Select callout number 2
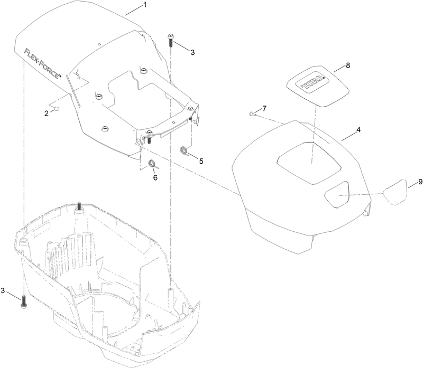[x=47, y=112]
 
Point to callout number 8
[x=348, y=66]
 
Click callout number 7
[x=264, y=108]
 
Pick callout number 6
[x=155, y=178]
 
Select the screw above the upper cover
[x=172, y=40]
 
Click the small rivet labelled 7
[x=252, y=113]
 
